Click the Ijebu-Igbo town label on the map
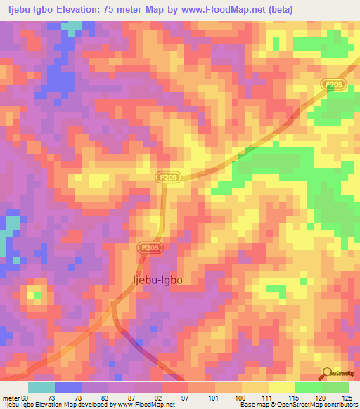click(157, 280)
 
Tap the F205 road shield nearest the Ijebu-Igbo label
click(148, 248)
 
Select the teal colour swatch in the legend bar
click(41, 387)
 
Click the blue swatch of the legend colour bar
click(68, 387)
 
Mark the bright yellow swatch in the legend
click(282, 387)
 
